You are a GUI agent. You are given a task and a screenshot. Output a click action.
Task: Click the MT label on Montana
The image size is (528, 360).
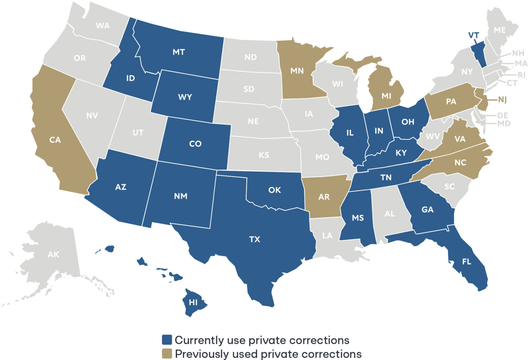pos(179,52)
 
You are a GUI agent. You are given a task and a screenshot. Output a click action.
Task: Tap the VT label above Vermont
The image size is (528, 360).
pos(473,35)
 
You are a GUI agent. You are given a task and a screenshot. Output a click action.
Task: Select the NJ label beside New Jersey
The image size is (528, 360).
pos(502,100)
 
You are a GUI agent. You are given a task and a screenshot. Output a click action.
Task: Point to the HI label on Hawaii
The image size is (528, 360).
pos(193,302)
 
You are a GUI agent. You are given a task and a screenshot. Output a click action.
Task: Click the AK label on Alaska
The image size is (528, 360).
pos(53,254)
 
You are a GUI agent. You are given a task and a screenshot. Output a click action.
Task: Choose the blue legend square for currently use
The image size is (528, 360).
pos(167,340)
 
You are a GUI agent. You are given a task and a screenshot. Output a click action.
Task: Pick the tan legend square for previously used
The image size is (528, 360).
pos(167,353)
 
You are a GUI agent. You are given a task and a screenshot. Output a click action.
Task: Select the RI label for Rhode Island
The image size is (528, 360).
pos(521,75)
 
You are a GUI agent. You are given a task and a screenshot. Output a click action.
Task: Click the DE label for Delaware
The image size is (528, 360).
pos(502,116)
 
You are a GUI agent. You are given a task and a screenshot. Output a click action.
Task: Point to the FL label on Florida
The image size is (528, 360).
pos(466,262)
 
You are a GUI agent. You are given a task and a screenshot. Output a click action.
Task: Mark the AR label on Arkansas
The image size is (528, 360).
pos(324,197)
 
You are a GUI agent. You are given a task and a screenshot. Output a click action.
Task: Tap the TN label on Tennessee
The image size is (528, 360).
pos(386,177)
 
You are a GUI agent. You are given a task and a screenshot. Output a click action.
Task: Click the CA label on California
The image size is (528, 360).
pos(55,140)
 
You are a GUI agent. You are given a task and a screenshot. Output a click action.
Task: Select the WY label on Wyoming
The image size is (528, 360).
pos(185,97)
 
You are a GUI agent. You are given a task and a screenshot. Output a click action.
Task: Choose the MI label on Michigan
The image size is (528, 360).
pos(386,96)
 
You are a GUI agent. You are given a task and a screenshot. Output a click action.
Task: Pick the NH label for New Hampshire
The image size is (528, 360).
pos(518,53)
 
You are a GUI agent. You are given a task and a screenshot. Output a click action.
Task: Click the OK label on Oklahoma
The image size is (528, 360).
pos(274,190)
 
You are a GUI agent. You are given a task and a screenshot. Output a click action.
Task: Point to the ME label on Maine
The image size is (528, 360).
pos(499,30)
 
